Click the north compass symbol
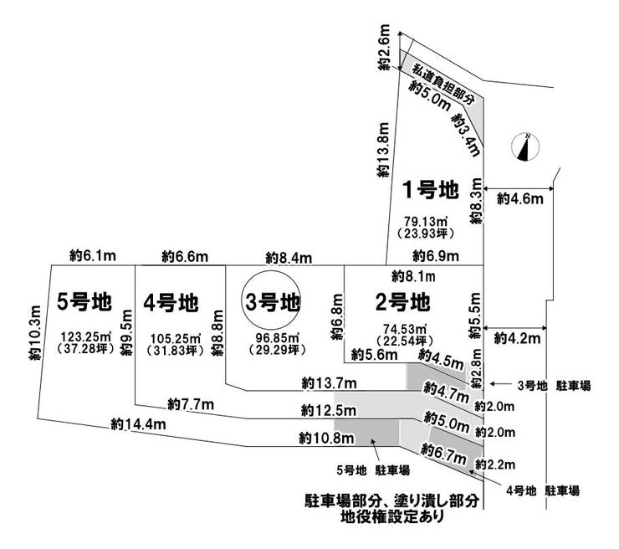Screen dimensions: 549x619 tap(525, 146)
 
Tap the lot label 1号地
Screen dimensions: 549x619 tap(432, 191)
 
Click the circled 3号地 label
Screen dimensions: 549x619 tap(272, 302)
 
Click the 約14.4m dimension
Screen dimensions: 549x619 tap(137, 424)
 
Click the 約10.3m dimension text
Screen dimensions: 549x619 tap(33, 331)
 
